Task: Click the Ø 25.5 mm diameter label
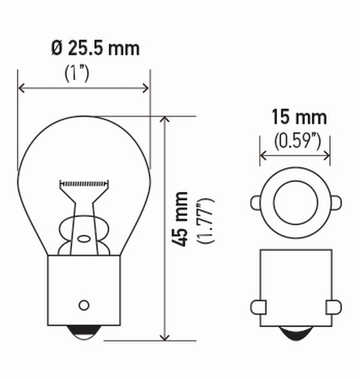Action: (x=95, y=48)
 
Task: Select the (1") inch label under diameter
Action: (x=76, y=73)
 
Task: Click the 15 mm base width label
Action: (x=299, y=117)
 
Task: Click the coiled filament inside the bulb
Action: (x=84, y=183)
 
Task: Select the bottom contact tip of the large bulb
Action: (x=83, y=334)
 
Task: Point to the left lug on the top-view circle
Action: (x=256, y=203)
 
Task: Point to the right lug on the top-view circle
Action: (x=336, y=203)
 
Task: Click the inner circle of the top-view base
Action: (x=295, y=202)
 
